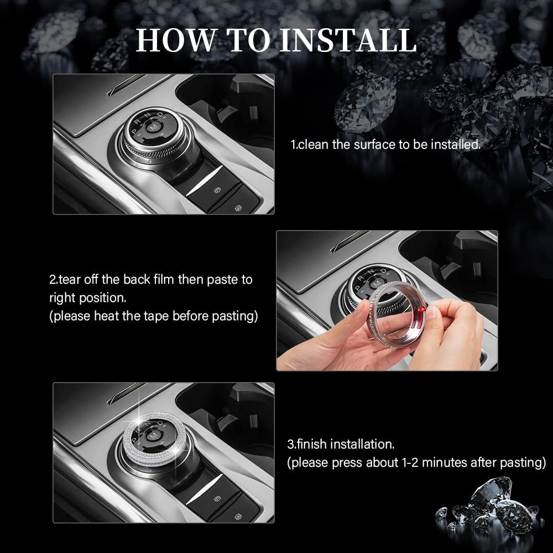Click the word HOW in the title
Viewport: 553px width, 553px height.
tap(175, 40)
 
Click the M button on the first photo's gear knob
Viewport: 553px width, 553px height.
tap(153, 127)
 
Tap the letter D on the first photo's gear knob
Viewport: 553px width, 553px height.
tap(160, 114)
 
